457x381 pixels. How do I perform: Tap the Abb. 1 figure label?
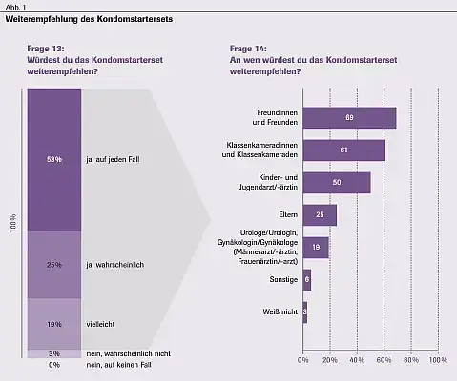point(13,6)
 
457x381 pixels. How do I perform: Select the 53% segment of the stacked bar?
point(53,159)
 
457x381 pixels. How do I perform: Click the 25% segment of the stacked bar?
point(53,264)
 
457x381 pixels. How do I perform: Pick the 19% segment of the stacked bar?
point(53,324)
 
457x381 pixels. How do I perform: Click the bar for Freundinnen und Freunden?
point(348,117)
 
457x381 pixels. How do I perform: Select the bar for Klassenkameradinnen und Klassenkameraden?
point(343,150)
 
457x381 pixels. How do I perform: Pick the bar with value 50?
point(336,182)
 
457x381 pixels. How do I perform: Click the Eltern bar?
point(319,214)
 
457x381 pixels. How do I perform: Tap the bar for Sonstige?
point(306,279)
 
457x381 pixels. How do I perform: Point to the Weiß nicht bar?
point(304,311)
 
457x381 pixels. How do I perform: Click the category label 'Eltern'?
point(285,214)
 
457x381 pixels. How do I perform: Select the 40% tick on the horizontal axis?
point(357,360)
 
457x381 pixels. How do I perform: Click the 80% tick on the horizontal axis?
point(411,360)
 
